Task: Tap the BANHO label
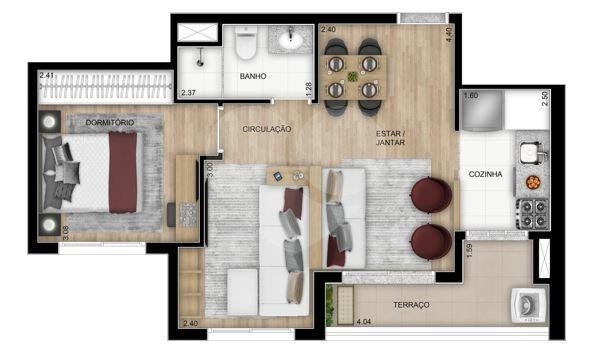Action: click(253, 75)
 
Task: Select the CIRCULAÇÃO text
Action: click(267, 129)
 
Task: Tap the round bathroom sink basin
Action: click(293, 42)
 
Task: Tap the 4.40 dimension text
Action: click(449, 33)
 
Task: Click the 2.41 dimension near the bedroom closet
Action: click(46, 74)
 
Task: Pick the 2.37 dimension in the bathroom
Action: click(188, 94)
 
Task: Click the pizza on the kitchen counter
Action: click(532, 182)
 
